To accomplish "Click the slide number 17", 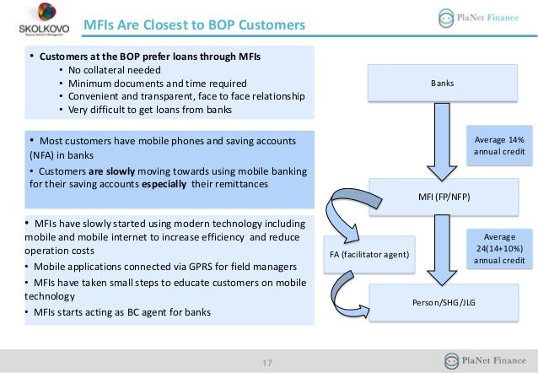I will pos(268,363).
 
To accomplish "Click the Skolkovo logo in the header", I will pos(38,23).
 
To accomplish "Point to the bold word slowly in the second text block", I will pos(131,169).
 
